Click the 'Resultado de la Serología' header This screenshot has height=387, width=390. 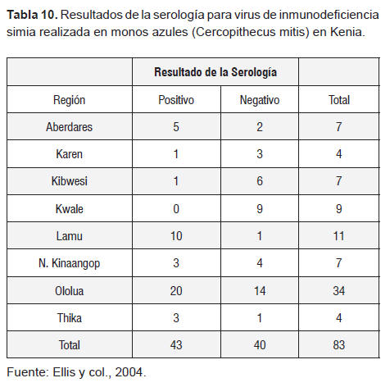click(215, 72)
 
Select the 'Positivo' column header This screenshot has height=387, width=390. click(176, 100)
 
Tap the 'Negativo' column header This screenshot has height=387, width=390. click(260, 100)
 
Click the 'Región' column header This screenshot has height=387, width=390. click(70, 100)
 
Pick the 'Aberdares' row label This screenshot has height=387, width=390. click(70, 127)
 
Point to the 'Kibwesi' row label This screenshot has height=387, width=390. click(70, 181)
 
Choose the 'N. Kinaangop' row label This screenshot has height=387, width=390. click(70, 263)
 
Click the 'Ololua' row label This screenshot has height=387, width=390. click(70, 290)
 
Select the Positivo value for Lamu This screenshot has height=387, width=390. click(176, 236)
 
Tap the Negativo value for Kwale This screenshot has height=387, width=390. click(260, 209)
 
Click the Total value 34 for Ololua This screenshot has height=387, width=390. click(338, 290)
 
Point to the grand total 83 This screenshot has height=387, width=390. click(338, 345)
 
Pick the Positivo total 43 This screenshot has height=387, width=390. click(176, 345)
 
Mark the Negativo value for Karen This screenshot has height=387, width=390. click(260, 154)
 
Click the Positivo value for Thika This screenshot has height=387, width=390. click(176, 318)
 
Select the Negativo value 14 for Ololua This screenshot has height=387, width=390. click(260, 290)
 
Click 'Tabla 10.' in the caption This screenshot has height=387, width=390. click(32, 15)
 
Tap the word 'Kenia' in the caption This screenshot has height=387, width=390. click(347, 32)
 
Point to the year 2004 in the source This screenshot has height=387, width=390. click(129, 372)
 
